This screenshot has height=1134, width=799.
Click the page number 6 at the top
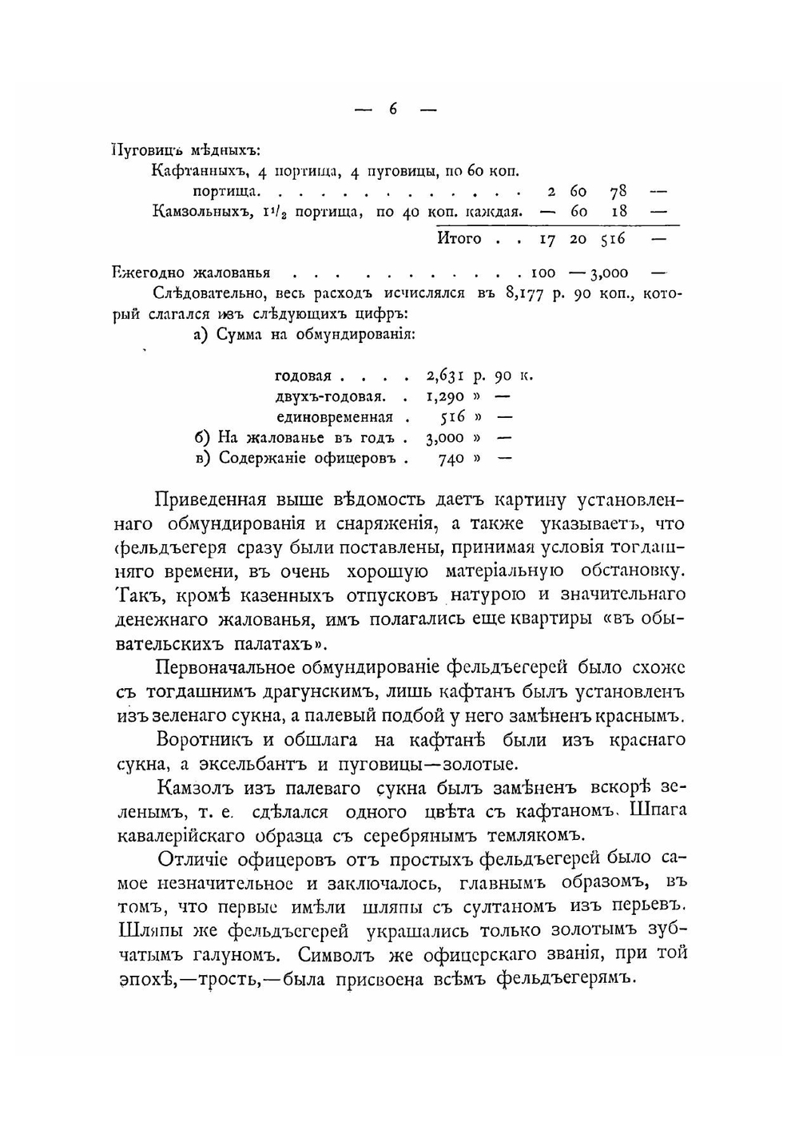394,109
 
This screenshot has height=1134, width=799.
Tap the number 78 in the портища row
618,192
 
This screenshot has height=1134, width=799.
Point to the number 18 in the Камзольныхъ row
618,212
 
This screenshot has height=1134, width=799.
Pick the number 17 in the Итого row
547,239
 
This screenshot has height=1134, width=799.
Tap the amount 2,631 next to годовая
445,376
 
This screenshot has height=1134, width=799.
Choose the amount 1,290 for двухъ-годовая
445,396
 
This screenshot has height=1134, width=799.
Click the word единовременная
335,417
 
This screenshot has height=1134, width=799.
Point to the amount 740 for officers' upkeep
451,459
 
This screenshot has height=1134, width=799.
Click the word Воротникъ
209,740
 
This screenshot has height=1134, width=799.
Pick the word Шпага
658,810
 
